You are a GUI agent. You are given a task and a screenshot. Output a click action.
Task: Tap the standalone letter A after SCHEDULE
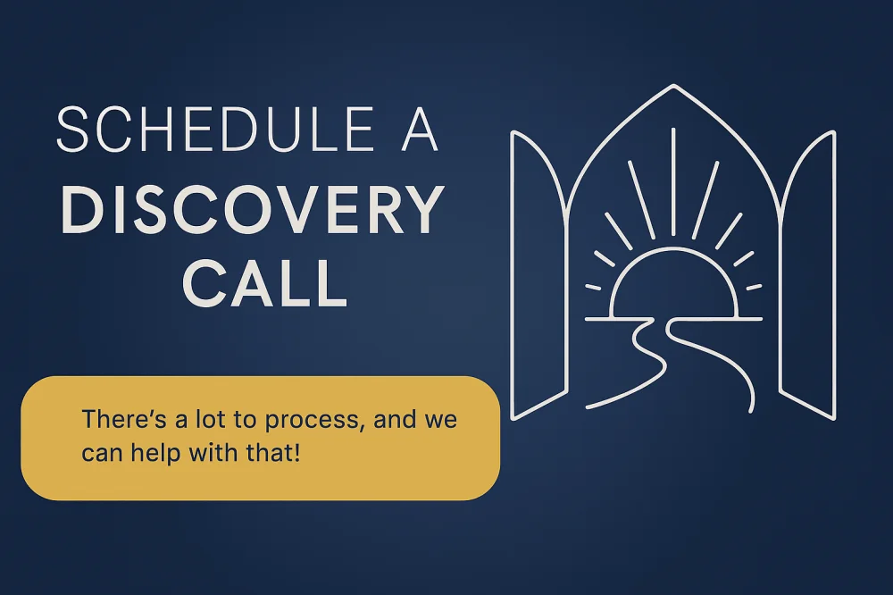point(419,130)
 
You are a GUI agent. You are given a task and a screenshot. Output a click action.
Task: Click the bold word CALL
point(264,283)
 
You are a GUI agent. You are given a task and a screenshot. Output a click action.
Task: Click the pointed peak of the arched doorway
point(673,86)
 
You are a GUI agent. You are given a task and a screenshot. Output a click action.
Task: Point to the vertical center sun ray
point(673,180)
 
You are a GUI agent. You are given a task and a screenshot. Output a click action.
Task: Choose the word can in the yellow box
point(103,455)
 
